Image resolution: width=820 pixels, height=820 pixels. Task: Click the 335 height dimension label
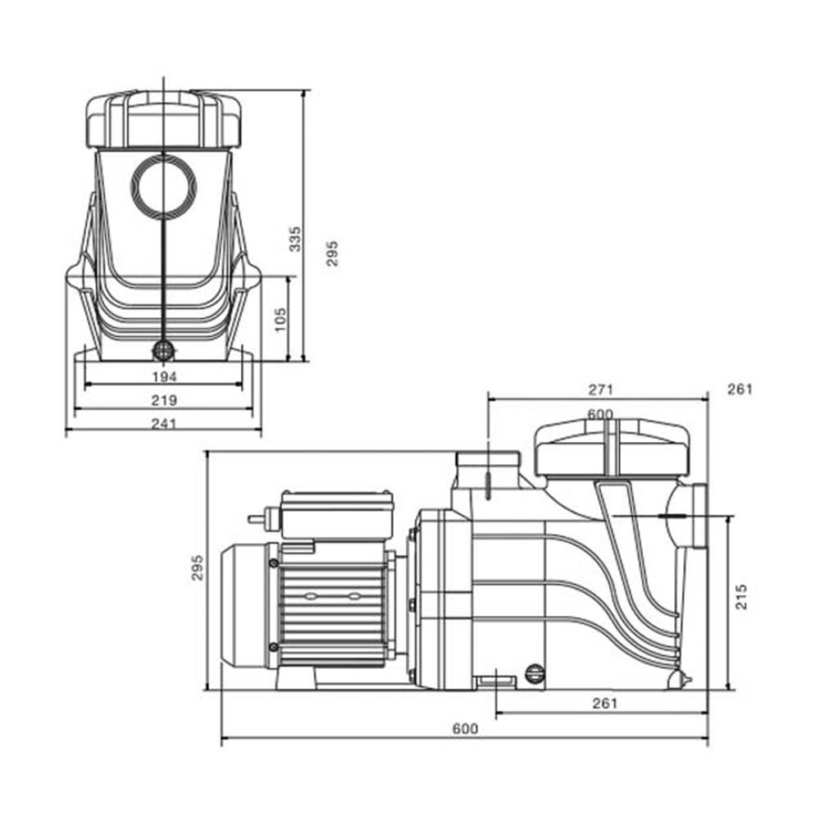pos(295,239)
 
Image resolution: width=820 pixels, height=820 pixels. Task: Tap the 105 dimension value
pos(280,320)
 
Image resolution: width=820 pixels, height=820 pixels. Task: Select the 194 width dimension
pos(165,376)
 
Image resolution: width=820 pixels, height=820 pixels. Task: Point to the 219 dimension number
pos(164,400)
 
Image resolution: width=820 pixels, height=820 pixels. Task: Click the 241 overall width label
pos(164,423)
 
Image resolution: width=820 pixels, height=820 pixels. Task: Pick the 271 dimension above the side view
pos(601,389)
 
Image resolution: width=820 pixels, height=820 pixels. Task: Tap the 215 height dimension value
pos(741,597)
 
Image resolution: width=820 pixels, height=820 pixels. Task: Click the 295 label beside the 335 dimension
pos(332,253)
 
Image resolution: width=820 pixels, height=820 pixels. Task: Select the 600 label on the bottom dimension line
pos(466,728)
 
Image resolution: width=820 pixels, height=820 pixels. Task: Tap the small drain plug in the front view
pos(164,350)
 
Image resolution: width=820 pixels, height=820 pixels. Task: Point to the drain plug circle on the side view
pos(535,673)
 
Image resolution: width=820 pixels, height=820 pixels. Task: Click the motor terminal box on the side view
pos(337,514)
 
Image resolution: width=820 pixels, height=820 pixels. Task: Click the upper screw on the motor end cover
pos(274,563)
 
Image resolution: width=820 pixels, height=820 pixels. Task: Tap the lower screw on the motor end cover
pos(274,648)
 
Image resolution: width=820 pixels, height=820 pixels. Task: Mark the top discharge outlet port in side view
pos(488,469)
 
